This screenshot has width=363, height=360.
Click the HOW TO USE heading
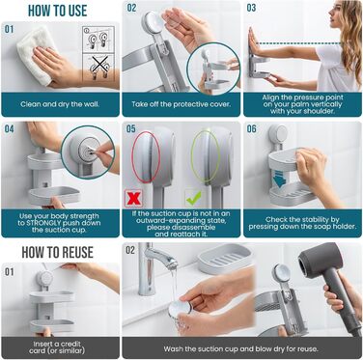point(58,11)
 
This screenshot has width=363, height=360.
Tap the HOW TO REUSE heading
point(58,252)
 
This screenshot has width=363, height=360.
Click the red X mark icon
point(133,198)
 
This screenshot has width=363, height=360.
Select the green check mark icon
point(194,198)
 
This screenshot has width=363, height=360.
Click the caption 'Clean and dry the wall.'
point(60,104)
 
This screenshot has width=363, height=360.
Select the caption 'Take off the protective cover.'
point(181,104)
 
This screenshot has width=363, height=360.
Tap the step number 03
point(251,8)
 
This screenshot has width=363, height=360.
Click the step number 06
point(251,129)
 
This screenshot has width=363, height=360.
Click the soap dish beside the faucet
point(225,259)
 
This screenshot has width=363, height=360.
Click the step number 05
point(130,129)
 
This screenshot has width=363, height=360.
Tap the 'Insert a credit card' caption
point(57,347)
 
